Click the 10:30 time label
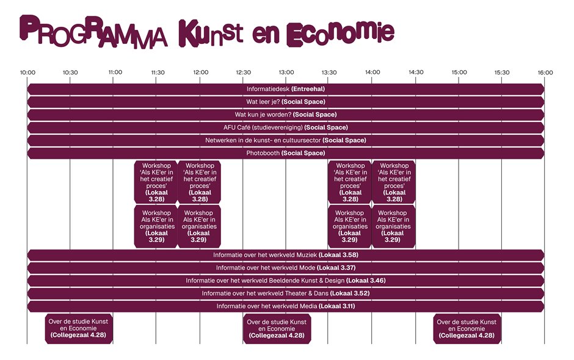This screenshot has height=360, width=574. point(70,73)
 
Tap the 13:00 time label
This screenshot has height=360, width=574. point(286,73)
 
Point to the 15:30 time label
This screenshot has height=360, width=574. point(502,73)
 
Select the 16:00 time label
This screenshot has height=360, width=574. point(545,73)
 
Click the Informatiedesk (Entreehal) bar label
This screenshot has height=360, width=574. point(286,89)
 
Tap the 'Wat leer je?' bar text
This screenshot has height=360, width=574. point(286,102)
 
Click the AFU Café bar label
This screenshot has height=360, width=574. point(286,128)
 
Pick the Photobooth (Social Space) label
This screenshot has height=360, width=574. point(286,153)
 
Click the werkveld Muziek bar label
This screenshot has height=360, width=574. point(286,255)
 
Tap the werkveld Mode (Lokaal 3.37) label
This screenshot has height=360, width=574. point(286,268)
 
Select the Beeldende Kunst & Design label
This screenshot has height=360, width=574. point(286,281)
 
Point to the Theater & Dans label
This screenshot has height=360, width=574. point(286,293)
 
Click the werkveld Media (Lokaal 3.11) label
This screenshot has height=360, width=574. point(286,306)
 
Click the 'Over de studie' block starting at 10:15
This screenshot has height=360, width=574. point(80,328)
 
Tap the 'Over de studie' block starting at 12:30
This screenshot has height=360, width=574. point(277,328)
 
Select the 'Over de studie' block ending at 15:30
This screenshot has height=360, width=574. point(467,328)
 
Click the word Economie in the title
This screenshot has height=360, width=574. point(340,32)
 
